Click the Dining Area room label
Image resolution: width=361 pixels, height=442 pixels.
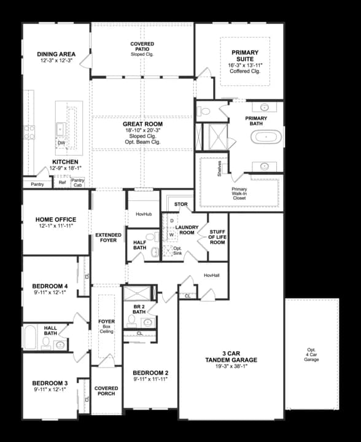coord(56,54)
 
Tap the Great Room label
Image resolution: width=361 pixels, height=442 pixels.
coord(142,123)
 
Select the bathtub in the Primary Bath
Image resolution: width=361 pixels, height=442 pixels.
coord(267,136)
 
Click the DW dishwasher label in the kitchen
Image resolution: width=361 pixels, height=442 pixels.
coord(61,143)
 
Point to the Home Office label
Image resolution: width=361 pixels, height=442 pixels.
coord(56,220)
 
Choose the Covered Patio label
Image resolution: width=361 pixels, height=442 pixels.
coord(142,44)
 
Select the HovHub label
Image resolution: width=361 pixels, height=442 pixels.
coord(142,214)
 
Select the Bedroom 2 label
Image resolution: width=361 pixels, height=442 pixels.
coord(150,373)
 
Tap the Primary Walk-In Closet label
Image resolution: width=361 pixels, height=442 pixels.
coord(239,193)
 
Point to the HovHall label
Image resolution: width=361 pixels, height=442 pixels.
coord(212,276)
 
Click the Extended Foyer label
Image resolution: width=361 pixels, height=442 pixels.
coord(108,238)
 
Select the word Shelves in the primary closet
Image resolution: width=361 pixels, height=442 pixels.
coord(219,169)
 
